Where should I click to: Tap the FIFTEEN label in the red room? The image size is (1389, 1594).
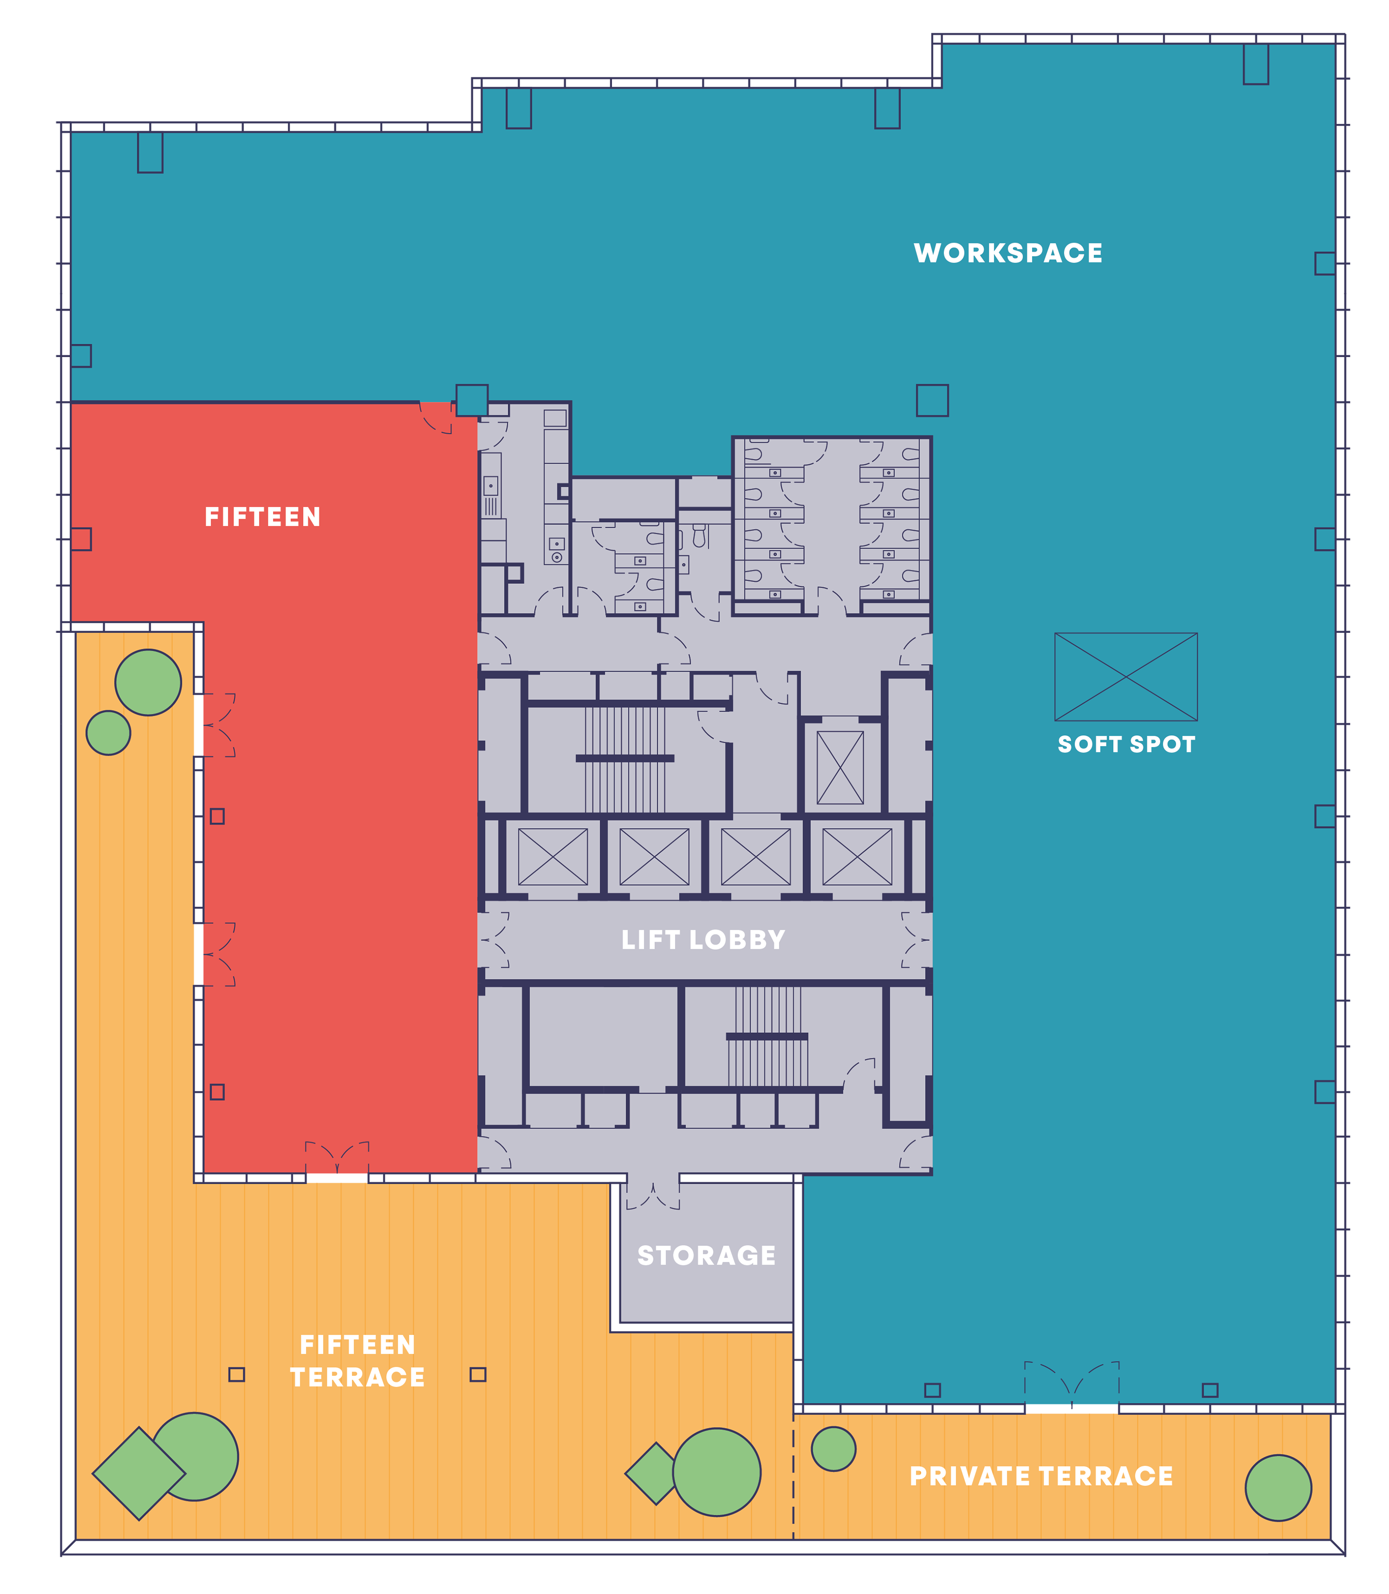point(263,517)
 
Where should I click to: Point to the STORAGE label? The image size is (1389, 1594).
point(706,1255)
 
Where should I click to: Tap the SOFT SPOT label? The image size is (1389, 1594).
point(1126,744)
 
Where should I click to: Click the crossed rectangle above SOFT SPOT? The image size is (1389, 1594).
point(1126,677)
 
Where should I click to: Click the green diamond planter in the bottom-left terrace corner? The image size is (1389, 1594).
point(139,1473)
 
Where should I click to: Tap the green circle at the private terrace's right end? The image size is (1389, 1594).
point(1278,1488)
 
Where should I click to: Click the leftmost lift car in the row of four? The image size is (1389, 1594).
point(553,857)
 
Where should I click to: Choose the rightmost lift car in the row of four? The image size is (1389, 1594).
point(857,857)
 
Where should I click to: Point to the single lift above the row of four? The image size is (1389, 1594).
point(840,768)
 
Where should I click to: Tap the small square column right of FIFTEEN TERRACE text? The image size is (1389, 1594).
point(478,1375)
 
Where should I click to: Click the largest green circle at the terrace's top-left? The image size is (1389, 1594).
point(148,682)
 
